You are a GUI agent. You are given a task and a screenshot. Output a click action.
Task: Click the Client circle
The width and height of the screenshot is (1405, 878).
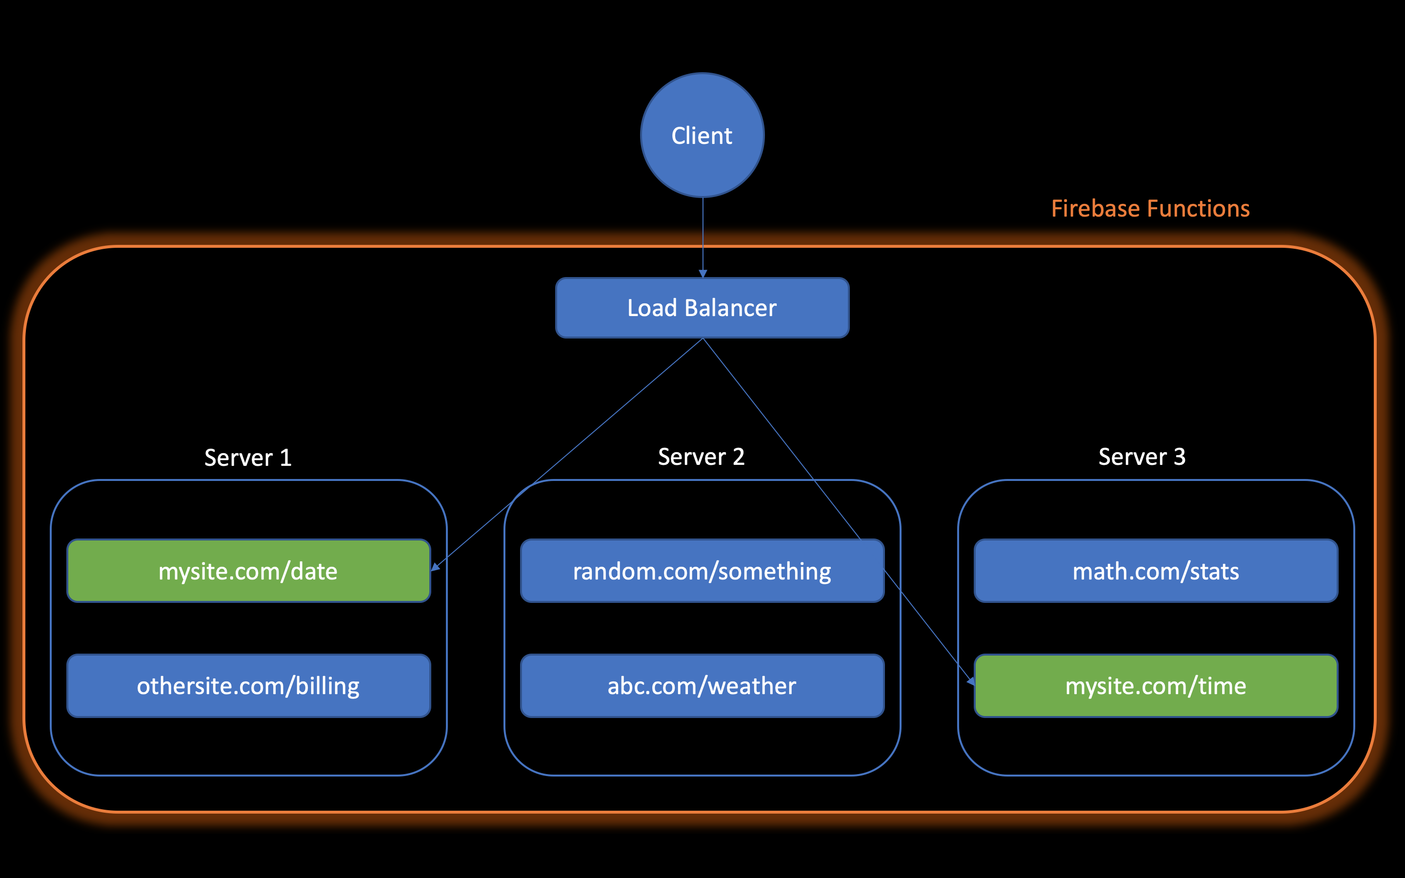[x=702, y=135]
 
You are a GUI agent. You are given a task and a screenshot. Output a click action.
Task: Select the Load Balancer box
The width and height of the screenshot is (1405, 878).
[x=702, y=308]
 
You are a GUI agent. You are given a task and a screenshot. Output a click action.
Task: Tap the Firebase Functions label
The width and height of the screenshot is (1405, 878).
[x=1150, y=208]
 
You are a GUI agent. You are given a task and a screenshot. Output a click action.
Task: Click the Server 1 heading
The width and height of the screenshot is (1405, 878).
[x=248, y=458]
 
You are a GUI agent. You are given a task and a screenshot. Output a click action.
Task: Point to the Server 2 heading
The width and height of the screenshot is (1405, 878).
[x=701, y=457]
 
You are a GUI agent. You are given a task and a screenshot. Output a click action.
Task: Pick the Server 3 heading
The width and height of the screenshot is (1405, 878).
[x=1142, y=457]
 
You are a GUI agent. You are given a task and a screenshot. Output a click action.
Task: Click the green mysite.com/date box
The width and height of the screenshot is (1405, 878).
[x=248, y=571]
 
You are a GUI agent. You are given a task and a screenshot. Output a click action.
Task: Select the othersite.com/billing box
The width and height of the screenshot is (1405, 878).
[x=248, y=686]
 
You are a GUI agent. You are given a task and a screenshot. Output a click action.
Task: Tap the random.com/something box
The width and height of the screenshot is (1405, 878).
[x=702, y=571]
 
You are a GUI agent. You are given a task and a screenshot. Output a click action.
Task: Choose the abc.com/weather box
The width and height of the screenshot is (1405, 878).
[x=702, y=686]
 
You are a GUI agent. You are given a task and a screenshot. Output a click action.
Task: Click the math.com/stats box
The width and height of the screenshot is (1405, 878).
[x=1155, y=571]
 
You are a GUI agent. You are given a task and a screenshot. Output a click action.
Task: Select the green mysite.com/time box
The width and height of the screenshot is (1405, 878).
[x=1155, y=686]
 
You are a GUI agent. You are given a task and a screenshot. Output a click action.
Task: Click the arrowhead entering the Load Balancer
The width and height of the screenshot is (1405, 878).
[x=702, y=274]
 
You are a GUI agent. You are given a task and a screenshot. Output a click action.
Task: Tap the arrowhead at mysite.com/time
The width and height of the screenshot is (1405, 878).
[x=970, y=680]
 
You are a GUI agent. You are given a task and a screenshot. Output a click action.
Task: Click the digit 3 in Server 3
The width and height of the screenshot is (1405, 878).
[x=1179, y=457]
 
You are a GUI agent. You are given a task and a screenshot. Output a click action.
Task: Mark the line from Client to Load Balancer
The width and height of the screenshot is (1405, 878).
[x=702, y=232]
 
